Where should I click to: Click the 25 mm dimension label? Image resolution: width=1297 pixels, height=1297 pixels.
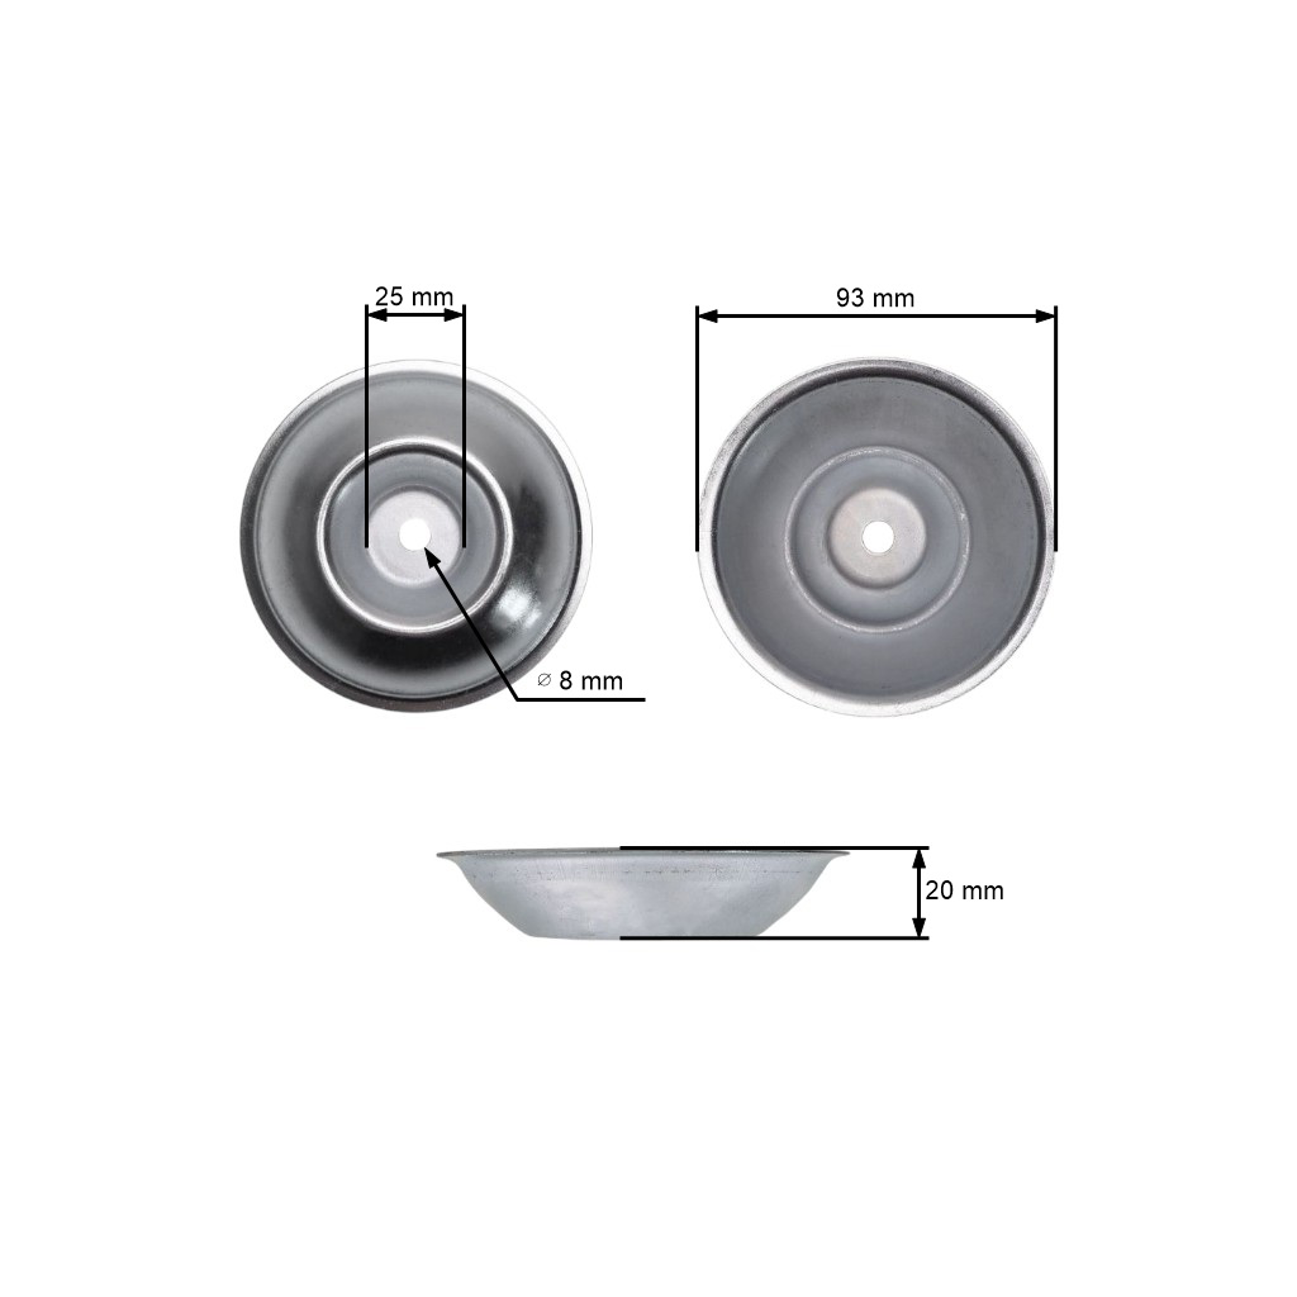tap(414, 297)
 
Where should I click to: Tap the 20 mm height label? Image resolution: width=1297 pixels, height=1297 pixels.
tap(965, 891)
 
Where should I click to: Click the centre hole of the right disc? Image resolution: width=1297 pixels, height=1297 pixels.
tap(875, 537)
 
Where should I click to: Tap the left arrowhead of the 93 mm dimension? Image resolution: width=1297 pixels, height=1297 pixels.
tap(708, 316)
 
